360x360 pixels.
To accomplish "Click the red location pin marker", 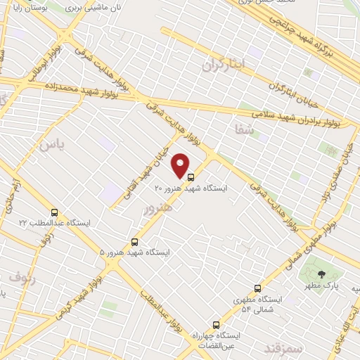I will pyautogui.click(x=181, y=166).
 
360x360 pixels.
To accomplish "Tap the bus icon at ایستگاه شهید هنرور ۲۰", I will pyautogui.click(x=192, y=178).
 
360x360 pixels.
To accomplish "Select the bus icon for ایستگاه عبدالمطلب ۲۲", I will pyautogui.click(x=54, y=212).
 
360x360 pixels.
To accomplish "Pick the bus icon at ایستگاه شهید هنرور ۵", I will pyautogui.click(x=136, y=241).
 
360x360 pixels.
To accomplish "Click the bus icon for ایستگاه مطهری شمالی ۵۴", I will pyautogui.click(x=257, y=288).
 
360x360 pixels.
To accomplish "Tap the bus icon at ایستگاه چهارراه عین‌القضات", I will pyautogui.click(x=216, y=326).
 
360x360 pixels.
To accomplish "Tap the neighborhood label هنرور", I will pyautogui.click(x=156, y=209).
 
